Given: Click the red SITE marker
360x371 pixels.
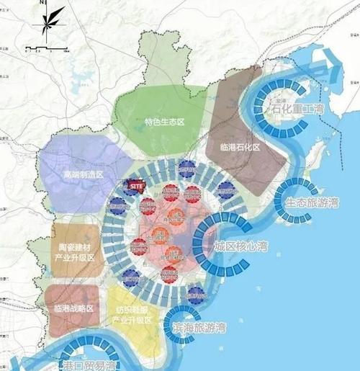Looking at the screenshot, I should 135,185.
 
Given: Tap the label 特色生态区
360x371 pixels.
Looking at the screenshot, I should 165,123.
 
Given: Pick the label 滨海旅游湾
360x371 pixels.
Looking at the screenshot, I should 199,327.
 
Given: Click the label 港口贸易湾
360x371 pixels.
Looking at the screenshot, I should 89,365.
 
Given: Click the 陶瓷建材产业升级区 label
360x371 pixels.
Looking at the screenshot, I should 74,252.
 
